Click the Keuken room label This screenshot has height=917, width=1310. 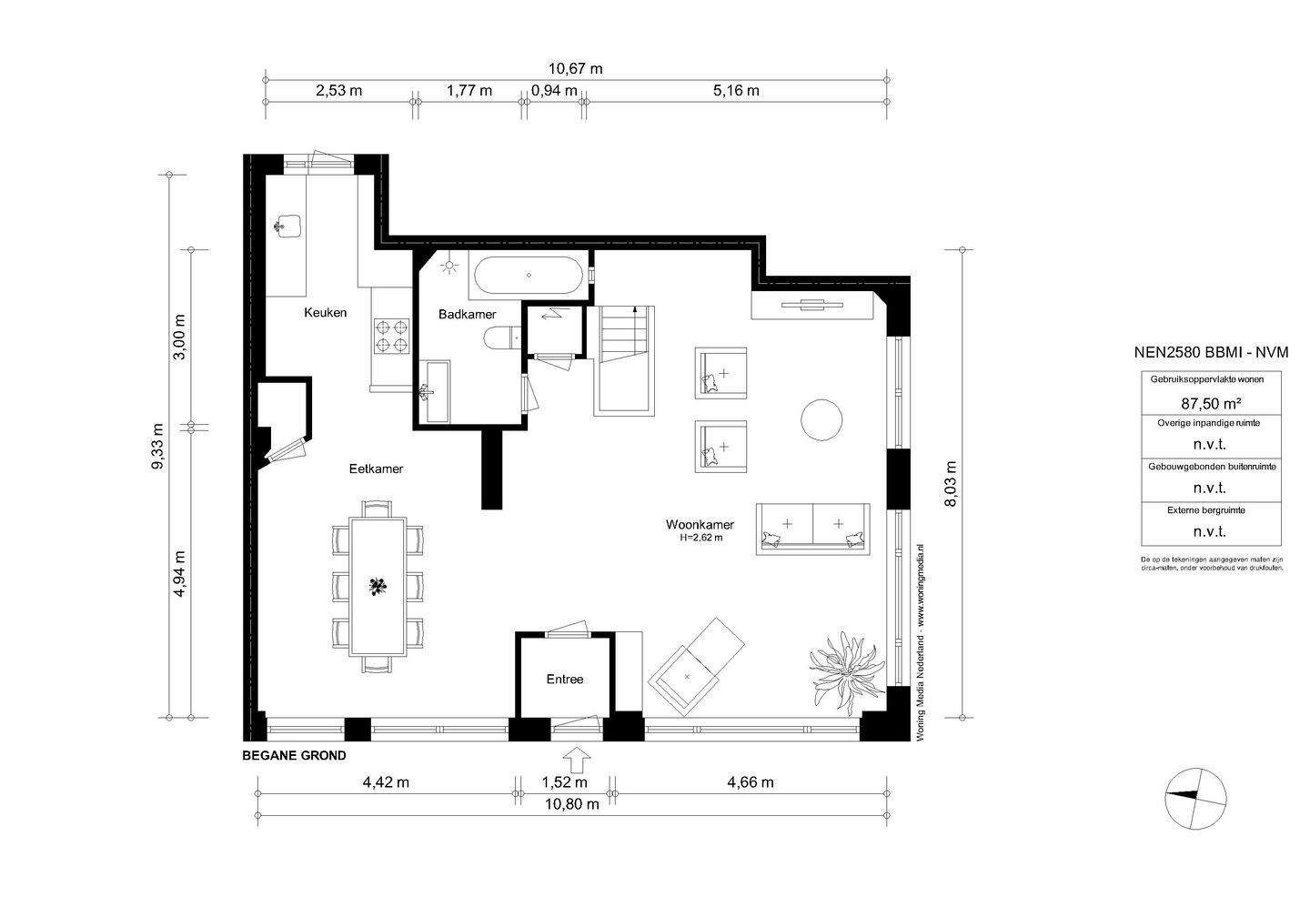(325, 313)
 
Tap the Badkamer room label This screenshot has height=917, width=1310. (468, 315)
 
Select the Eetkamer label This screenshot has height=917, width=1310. (376, 469)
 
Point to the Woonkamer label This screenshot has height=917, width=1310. (700, 525)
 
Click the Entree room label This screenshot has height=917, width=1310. (565, 679)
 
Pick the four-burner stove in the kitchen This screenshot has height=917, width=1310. (392, 336)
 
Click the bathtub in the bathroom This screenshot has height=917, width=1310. (528, 275)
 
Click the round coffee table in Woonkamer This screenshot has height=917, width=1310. (821, 419)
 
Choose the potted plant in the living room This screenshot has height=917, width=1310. (845, 673)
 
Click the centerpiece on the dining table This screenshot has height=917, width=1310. (378, 586)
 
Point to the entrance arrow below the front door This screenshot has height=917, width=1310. (577, 760)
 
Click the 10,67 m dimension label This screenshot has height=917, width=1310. (575, 69)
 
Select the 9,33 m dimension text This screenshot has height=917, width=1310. (157, 446)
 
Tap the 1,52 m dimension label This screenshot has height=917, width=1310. (564, 782)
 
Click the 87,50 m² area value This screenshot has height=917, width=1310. (1211, 404)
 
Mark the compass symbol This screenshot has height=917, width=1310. (1195, 799)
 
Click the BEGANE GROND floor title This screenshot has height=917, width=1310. (294, 756)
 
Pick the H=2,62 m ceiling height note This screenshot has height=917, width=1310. (700, 538)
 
